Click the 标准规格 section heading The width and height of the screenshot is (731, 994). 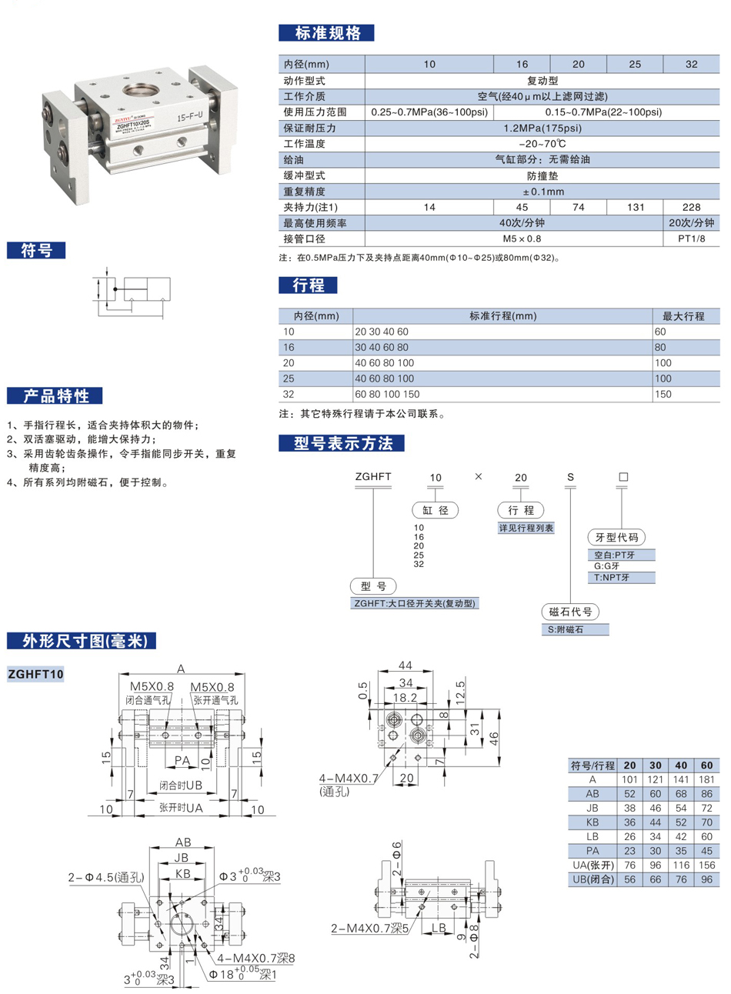click(x=326, y=33)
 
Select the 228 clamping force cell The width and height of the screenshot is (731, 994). click(x=691, y=207)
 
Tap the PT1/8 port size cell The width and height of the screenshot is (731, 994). click(x=691, y=238)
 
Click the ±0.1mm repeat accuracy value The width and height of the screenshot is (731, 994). click(x=542, y=192)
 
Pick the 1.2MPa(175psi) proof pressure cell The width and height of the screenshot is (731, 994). click(x=542, y=128)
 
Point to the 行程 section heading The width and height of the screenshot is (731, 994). click(x=308, y=285)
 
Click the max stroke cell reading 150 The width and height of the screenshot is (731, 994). click(x=662, y=394)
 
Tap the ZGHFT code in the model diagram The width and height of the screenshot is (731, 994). click(x=373, y=477)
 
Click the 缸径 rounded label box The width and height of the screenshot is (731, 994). click(x=436, y=510)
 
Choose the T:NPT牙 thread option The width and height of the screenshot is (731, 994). click(x=612, y=577)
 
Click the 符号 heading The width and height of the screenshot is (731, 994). click(x=36, y=250)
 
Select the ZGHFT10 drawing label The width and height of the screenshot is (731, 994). click(x=35, y=675)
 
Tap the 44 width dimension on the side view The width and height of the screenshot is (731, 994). click(x=405, y=665)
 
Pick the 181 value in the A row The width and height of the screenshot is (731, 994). click(x=706, y=779)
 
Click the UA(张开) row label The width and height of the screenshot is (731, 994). click(x=592, y=865)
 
